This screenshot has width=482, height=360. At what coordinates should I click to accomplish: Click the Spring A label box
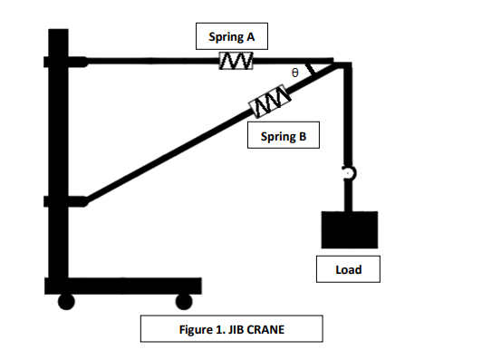point(232,36)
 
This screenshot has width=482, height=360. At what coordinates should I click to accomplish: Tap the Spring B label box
point(283,137)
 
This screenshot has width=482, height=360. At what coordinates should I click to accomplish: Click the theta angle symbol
point(294,71)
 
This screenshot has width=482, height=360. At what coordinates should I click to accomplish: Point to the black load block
point(349,229)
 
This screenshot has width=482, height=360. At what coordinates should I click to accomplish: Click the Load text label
point(349,269)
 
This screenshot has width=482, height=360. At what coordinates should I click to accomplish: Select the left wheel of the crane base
point(65,301)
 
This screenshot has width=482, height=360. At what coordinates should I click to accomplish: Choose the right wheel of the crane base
point(185,301)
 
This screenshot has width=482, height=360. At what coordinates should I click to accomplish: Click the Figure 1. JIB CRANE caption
point(232,328)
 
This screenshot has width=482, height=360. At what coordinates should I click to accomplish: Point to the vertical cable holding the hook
point(347,118)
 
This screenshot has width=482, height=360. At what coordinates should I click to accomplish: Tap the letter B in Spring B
point(303,137)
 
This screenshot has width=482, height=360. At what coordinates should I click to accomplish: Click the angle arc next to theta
point(310,70)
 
